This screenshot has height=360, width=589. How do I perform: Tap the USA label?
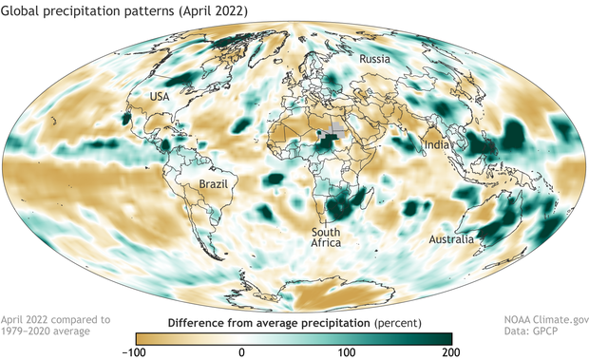pos(160,98)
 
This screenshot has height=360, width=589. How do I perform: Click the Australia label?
pos(451,239)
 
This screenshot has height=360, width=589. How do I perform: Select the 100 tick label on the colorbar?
pos(347,351)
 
